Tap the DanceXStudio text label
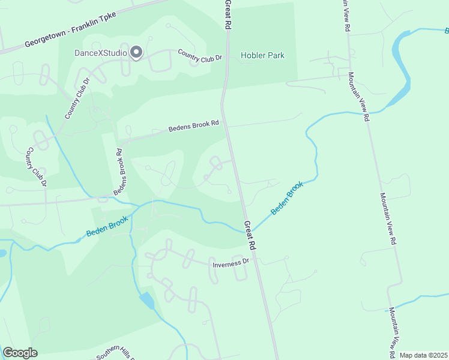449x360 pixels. click(100, 53)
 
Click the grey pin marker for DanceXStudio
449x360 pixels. click(136, 53)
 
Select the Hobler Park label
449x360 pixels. click(262, 56)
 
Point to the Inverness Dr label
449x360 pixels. click(231, 263)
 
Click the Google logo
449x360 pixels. click(20, 353)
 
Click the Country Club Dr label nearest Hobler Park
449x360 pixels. click(200, 56)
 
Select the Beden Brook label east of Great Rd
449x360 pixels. click(287, 199)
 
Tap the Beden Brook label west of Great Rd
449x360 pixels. click(107, 226)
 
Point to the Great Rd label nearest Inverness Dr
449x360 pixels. click(250, 235)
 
